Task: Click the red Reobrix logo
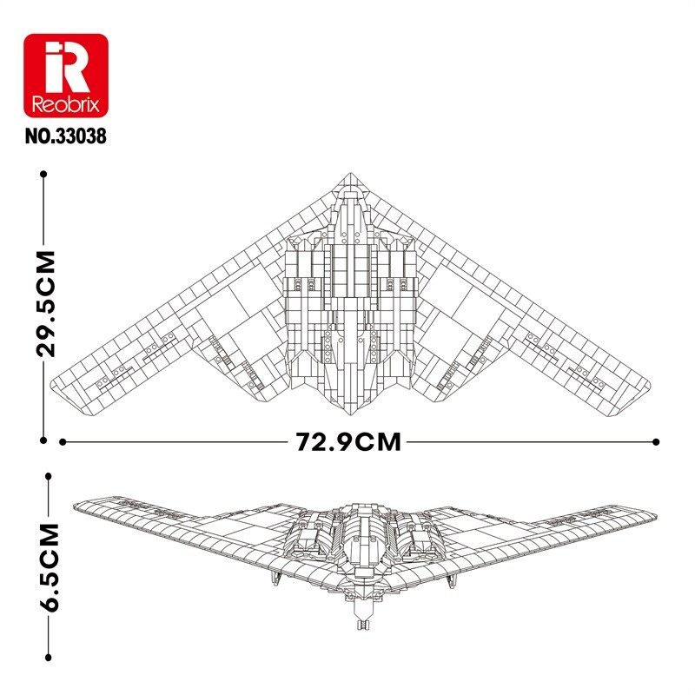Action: (x=66, y=76)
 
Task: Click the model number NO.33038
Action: (x=66, y=136)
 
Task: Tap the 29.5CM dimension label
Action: (x=46, y=303)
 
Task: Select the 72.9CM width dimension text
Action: (x=348, y=442)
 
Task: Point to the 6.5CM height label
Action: (x=49, y=568)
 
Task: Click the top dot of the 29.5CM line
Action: (x=43, y=175)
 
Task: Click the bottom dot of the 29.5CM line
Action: (x=43, y=440)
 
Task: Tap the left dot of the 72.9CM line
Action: (x=63, y=442)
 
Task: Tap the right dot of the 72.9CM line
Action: (x=656, y=442)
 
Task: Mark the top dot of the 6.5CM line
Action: (x=49, y=476)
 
